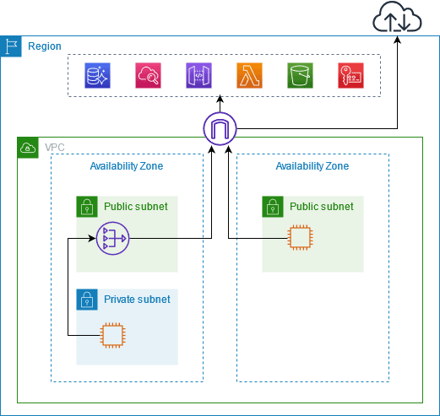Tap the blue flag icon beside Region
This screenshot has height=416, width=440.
pos(12,46)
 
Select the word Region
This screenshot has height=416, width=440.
pos(45,46)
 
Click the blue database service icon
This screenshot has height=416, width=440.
pos(97,76)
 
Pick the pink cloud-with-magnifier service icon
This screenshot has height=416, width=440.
pos(148,76)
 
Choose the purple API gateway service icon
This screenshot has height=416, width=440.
pos(198,76)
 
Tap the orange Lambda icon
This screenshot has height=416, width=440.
pos(249,76)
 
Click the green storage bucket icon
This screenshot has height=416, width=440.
pos(300,76)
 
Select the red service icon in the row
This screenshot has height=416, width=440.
pos(350,76)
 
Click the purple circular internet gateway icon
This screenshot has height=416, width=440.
pos(220,128)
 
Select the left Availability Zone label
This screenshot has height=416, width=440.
pos(127,166)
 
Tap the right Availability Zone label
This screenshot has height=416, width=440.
pos(312,166)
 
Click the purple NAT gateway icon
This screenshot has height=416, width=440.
pos(111,239)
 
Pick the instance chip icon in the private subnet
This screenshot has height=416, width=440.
pos(111,335)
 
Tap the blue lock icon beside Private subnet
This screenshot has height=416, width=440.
pos(86,300)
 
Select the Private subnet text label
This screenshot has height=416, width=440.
pos(137,300)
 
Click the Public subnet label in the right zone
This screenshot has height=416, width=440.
pos(322,206)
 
